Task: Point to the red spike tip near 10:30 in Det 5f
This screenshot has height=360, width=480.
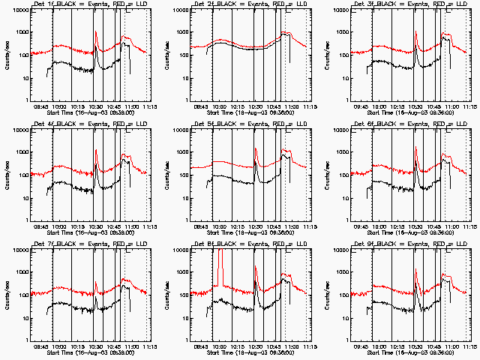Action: (x=256, y=149)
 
